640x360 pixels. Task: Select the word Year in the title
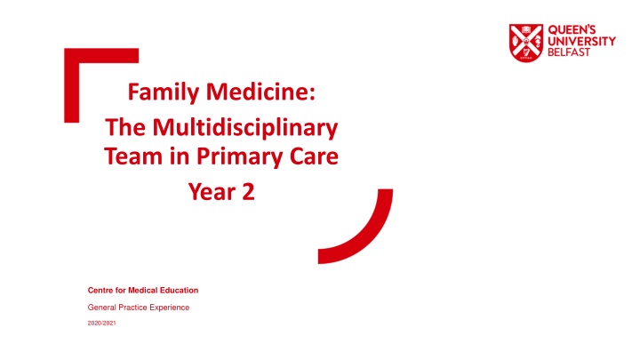[x=211, y=191]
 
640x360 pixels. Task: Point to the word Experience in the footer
[x=169, y=308]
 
